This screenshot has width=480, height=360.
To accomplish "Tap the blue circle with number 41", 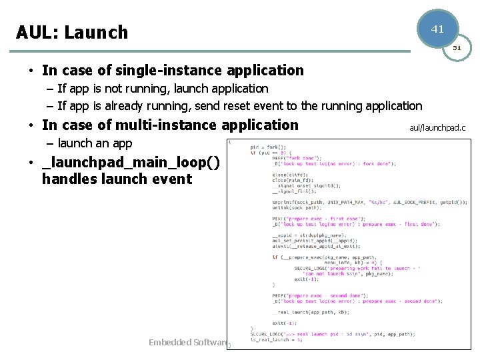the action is click(x=437, y=29).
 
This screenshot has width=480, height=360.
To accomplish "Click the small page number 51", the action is click(x=457, y=48).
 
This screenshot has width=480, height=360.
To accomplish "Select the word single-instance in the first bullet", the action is click(x=171, y=70).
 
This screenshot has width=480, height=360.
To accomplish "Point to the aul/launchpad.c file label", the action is click(x=437, y=127).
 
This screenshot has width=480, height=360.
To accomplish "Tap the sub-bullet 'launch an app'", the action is click(x=95, y=143).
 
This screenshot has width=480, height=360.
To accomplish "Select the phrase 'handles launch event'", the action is click(x=117, y=179).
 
